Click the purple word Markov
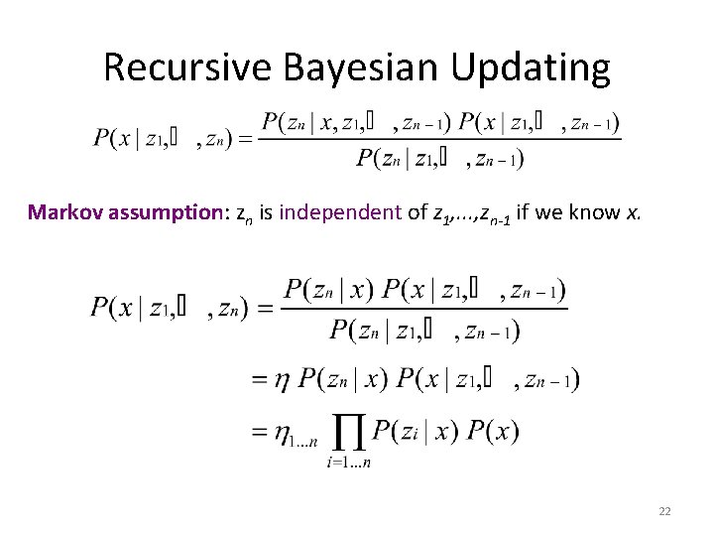click(x=62, y=211)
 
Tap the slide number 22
click(x=664, y=511)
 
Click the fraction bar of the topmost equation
click(x=440, y=139)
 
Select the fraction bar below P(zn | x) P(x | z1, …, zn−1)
click(x=424, y=309)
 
